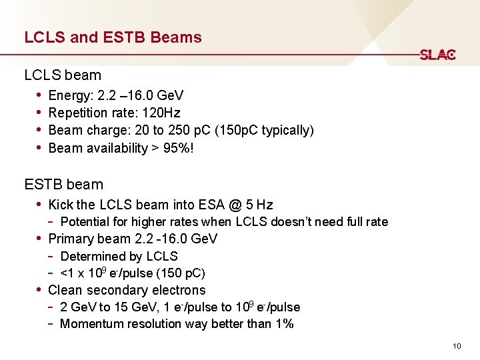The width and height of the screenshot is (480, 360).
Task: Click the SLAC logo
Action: [437, 55]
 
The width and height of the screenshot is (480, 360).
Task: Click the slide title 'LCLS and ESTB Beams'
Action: [113, 37]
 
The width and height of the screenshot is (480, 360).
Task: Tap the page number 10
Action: [457, 345]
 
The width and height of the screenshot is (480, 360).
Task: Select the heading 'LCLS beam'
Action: [63, 75]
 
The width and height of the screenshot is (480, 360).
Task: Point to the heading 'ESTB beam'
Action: [64, 184]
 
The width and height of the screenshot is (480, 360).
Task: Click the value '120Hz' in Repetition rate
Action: [161, 113]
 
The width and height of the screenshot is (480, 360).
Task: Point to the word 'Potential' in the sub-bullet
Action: [84, 222]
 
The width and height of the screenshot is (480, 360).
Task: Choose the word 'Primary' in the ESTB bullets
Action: [71, 239]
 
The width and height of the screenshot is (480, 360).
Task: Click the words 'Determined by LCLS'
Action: [119, 256]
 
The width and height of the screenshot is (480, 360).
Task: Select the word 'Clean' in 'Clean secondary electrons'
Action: [65, 290]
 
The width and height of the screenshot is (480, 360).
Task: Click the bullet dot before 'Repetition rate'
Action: [40, 112]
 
